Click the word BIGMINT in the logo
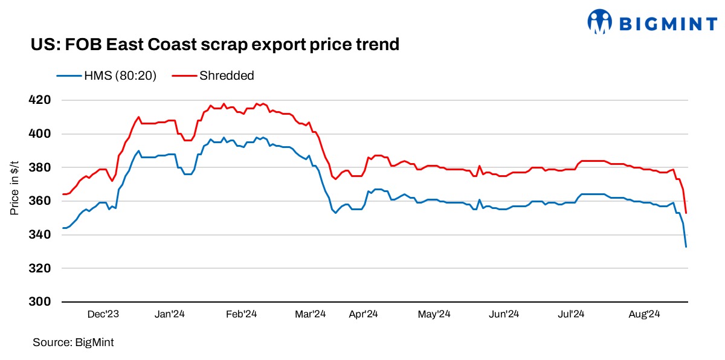(664, 23)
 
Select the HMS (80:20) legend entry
(107, 76)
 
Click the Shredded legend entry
(213, 76)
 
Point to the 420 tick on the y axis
(40, 100)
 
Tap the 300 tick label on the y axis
(40, 301)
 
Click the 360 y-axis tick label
(40, 201)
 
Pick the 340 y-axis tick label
(40, 234)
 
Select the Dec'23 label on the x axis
(103, 314)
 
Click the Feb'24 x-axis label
(242, 314)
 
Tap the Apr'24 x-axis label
(364, 314)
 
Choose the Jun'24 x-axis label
(504, 314)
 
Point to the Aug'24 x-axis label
(644, 314)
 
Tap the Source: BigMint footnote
(73, 342)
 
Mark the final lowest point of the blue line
(686, 246)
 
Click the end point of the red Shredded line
(686, 213)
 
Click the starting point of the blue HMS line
(63, 228)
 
